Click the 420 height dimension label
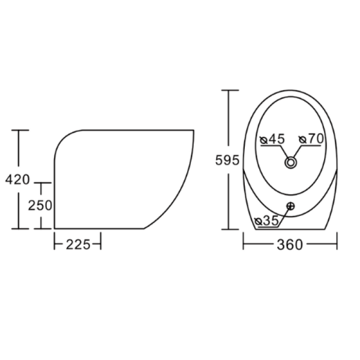[x=17, y=179]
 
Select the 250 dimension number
[x=40, y=205]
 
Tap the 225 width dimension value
[x=78, y=244]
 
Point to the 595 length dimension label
[x=227, y=160]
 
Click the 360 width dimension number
[x=290, y=244]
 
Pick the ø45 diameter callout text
[x=272, y=139]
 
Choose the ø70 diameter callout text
[x=311, y=139]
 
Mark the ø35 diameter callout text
[x=267, y=221]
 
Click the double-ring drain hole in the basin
[x=291, y=163]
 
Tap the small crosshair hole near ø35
[x=291, y=206]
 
